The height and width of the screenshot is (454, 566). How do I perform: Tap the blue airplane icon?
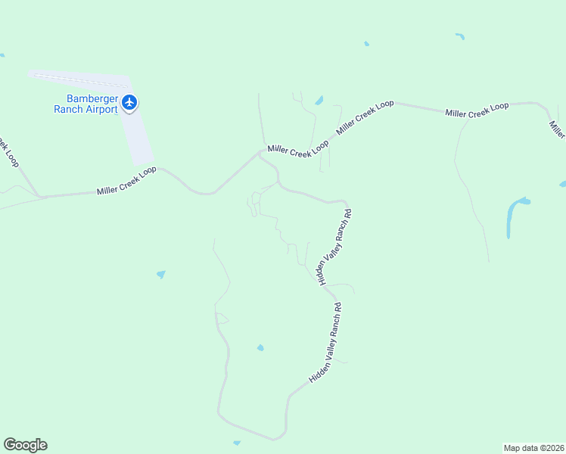(129, 102)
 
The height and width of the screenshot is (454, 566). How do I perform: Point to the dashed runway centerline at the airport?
(76, 79)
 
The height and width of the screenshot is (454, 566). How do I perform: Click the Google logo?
(25, 445)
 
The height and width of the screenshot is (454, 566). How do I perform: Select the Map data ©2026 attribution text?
(534, 447)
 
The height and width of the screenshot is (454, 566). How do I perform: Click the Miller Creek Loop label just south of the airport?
(126, 181)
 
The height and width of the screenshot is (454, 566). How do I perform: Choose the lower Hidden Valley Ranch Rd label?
(328, 342)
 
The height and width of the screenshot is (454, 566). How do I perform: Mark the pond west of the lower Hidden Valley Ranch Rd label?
(260, 348)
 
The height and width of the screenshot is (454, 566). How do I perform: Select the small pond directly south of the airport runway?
(160, 274)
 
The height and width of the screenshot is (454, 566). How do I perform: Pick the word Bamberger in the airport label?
(95, 98)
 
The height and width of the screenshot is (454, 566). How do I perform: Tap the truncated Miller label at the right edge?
(557, 129)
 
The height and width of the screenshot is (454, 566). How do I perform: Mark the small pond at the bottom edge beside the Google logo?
(237, 443)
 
